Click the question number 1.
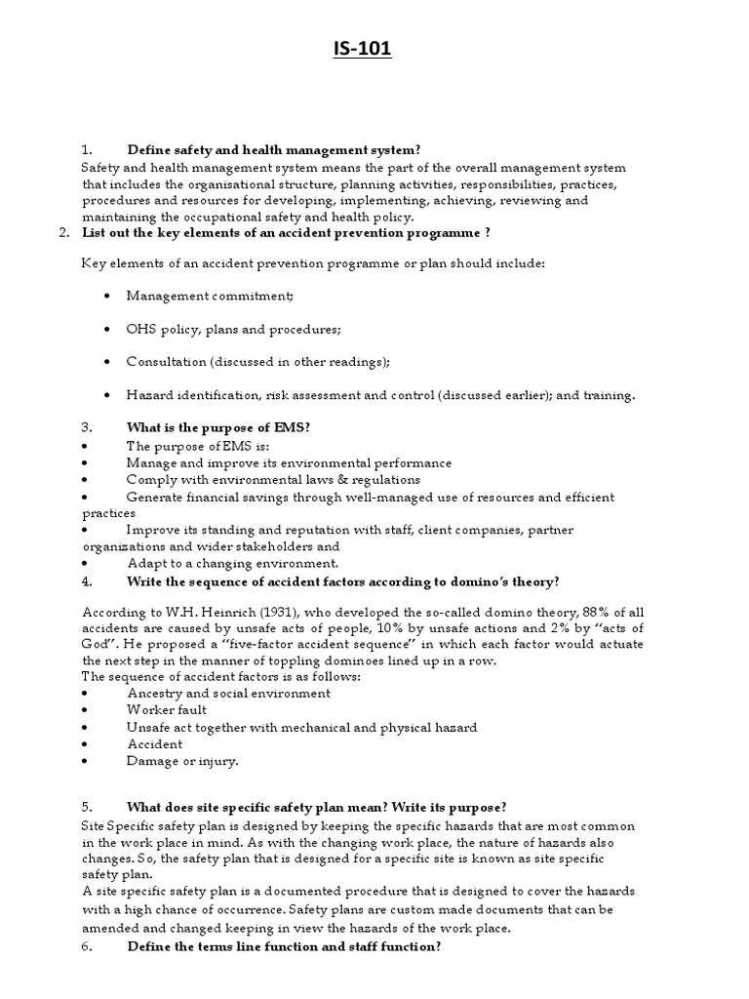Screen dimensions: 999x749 [x=87, y=149]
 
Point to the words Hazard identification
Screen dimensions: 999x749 [x=184, y=395]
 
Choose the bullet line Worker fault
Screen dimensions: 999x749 [x=166, y=710]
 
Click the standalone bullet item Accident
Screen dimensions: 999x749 [x=154, y=743]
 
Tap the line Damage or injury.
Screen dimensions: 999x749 [x=181, y=760]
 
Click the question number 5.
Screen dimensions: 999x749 [x=87, y=807]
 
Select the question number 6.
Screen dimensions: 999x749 [x=87, y=946]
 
